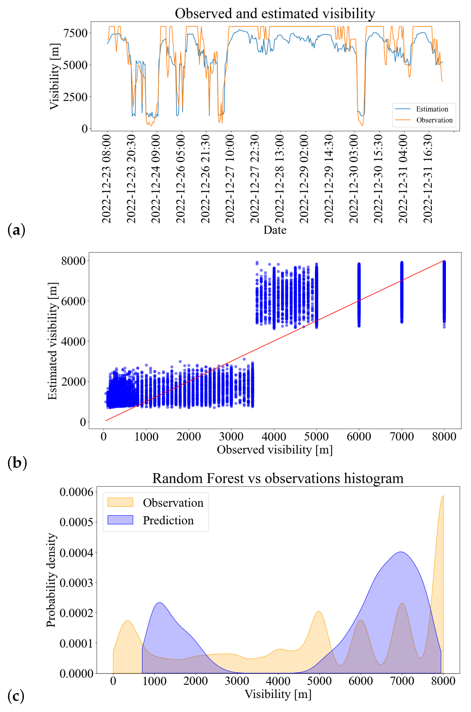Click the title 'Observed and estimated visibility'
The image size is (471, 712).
coord(275,14)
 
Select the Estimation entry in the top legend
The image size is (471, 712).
coord(432,109)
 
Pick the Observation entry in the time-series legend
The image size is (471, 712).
coord(434,120)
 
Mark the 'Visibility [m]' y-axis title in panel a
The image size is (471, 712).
coord(55,77)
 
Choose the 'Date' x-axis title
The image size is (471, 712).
coord(275,230)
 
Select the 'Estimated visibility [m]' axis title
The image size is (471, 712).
coord(53,341)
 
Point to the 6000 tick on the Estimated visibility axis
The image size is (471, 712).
coord(73,301)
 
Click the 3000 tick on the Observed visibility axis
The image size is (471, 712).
coord(231,436)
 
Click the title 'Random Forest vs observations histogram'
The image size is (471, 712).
coord(278,478)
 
